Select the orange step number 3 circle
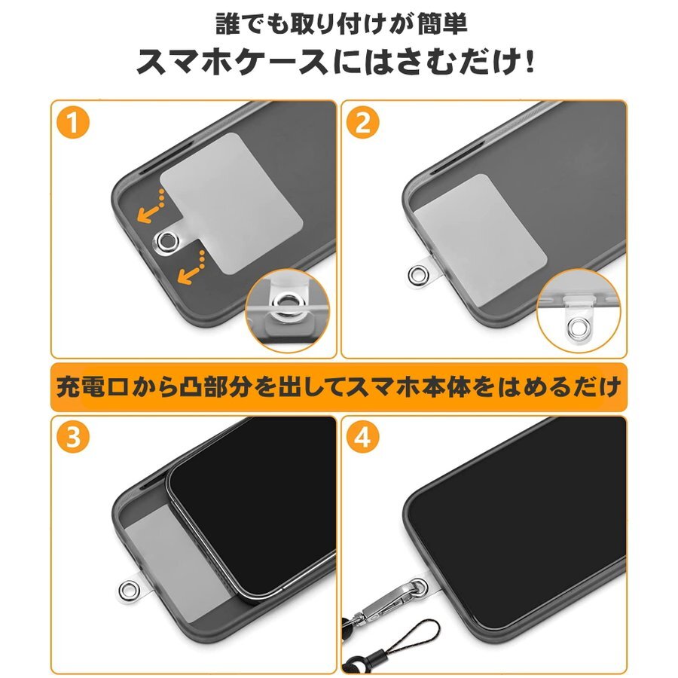72,437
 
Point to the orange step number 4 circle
363,437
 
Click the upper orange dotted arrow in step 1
151,207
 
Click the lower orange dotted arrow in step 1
191,268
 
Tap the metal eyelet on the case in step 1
167,240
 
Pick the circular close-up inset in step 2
579,309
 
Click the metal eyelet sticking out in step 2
418,273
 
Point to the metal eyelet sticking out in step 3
129,590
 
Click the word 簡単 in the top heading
442,24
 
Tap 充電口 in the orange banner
93,386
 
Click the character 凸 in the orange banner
189,386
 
